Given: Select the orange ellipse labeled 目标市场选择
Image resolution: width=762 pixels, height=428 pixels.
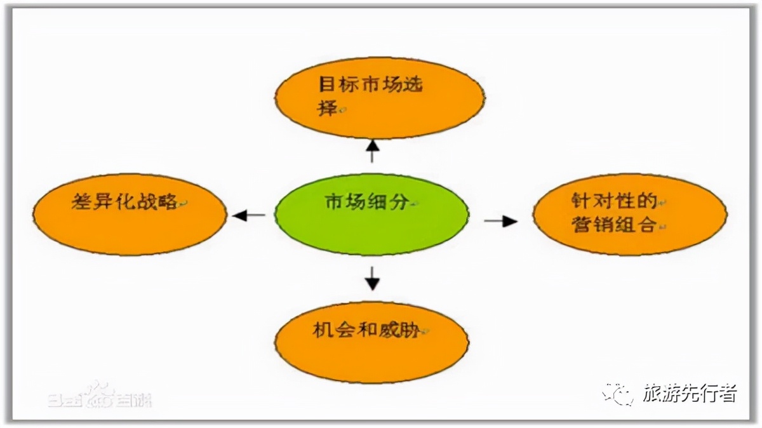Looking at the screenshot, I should click(379, 99).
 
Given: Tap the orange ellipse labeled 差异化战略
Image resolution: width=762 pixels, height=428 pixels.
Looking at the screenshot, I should click(130, 214).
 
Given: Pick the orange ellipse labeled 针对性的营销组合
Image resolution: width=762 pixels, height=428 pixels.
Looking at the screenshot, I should click(629, 214).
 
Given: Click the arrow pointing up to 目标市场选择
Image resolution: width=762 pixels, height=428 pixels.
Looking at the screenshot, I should click(373, 150).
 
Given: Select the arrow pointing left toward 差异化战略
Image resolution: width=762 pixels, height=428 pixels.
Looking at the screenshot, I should click(248, 215).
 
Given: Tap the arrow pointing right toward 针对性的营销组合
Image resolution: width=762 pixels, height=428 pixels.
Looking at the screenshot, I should click(501, 221).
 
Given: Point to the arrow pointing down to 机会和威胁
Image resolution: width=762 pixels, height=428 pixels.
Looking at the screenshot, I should click(372, 277).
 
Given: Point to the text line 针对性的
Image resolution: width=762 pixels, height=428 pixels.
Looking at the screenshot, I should click(613, 202).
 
